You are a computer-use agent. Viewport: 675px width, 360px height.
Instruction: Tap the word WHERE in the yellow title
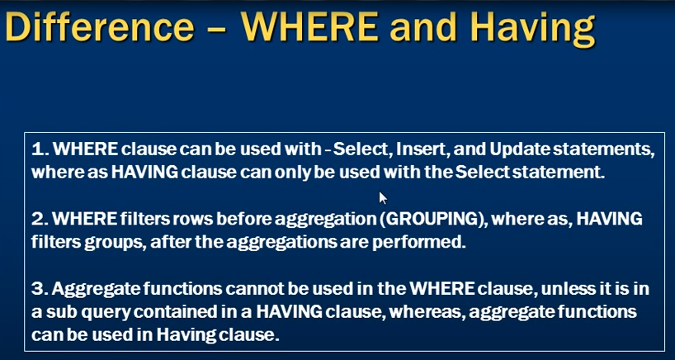coord(311,26)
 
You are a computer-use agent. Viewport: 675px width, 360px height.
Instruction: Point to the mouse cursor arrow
coord(383,198)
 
